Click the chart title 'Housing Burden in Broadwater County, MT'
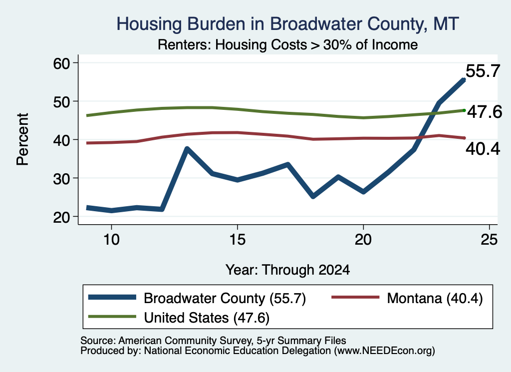(x=288, y=24)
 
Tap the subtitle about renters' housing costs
(x=288, y=44)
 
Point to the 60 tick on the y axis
(x=61, y=63)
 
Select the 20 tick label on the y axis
(x=61, y=217)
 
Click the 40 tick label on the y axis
(x=61, y=140)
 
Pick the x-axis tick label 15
(x=237, y=240)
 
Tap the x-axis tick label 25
(x=489, y=240)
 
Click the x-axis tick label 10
(x=111, y=240)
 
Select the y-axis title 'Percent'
(x=22, y=139)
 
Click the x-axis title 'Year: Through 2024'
(x=288, y=270)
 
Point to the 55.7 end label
(x=483, y=71)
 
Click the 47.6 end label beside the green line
(x=485, y=112)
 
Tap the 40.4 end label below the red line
(x=483, y=149)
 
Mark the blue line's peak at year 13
(x=187, y=149)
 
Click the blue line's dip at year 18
(x=313, y=196)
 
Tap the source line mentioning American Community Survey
(x=213, y=341)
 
